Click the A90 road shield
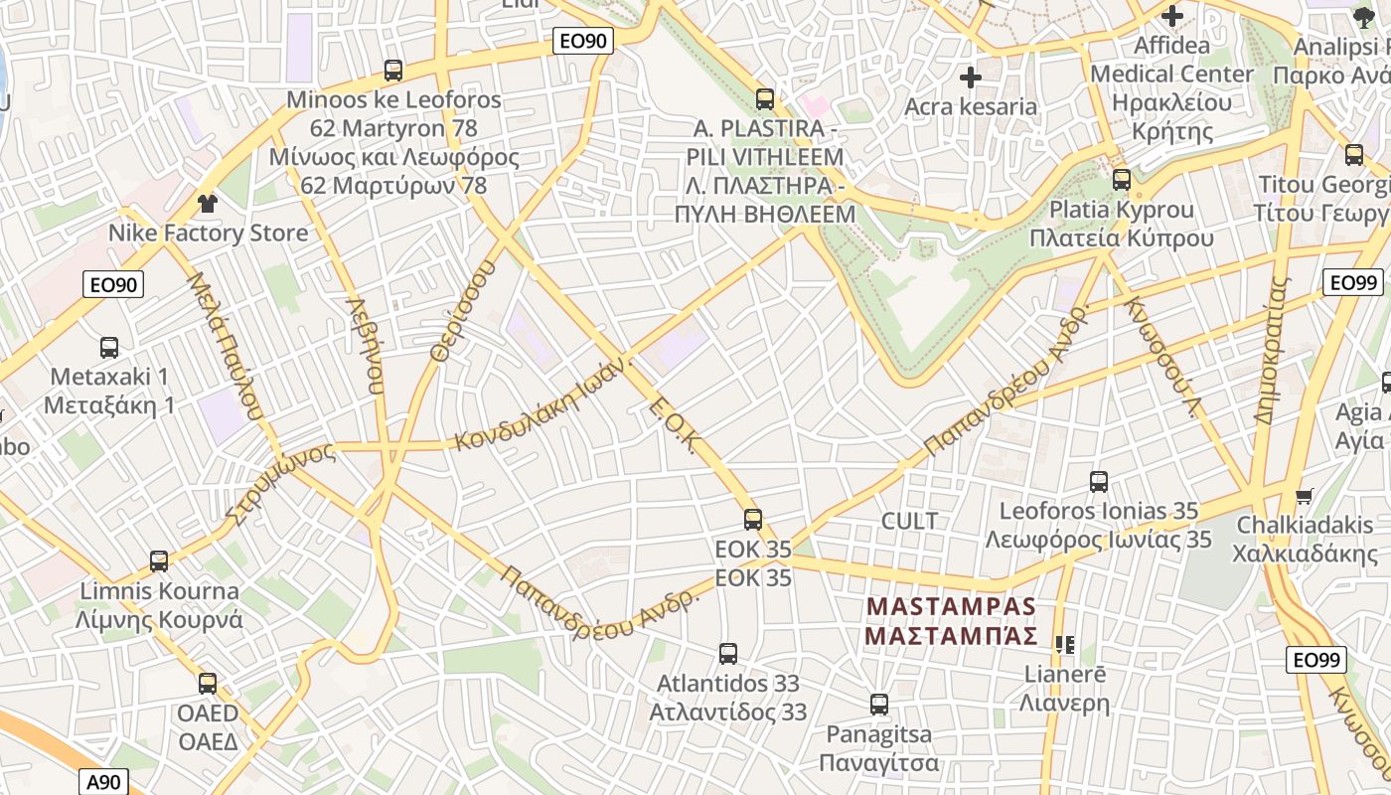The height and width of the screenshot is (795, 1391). coord(103,782)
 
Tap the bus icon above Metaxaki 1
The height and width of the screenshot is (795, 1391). coord(109,348)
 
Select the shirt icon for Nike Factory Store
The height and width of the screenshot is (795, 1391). coord(208,204)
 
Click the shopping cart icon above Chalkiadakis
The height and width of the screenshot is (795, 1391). coord(1305,495)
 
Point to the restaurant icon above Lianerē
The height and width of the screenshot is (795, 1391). coord(1065,644)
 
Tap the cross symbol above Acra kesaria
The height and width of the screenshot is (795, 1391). coord(971,77)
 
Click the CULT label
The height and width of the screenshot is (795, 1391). coord(909,521)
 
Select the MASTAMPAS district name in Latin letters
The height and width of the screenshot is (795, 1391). coord(952,606)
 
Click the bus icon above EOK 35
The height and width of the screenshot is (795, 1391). coord(753,519)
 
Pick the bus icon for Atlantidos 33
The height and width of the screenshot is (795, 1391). coord(728,653)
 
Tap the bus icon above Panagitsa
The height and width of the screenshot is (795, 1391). coord(879,705)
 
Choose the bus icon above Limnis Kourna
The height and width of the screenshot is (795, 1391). coord(159,560)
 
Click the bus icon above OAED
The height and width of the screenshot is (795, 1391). coord(208,683)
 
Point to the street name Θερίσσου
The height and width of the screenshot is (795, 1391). coord(461,309)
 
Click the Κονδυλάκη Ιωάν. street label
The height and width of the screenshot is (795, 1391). coord(544,402)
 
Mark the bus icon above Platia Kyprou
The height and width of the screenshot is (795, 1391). coord(1122,180)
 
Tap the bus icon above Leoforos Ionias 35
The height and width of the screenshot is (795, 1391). coord(1099,482)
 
